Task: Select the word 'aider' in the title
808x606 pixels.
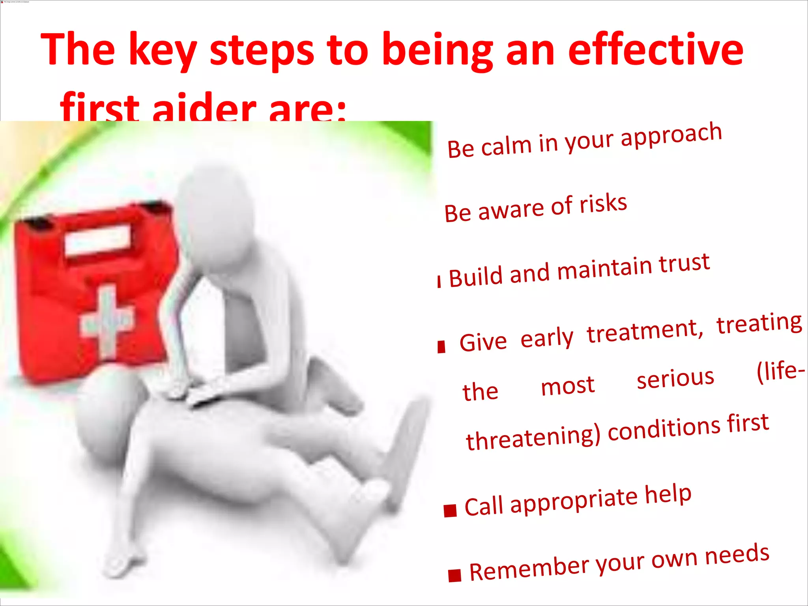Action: coord(204,109)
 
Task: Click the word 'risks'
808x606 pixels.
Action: coord(603,204)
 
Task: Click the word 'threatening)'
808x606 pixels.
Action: coord(533,438)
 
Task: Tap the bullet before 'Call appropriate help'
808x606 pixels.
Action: coord(450,511)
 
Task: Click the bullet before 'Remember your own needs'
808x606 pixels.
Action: coord(454,576)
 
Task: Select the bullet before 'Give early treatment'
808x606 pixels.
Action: coord(441,347)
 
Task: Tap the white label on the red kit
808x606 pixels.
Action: coord(97,239)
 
